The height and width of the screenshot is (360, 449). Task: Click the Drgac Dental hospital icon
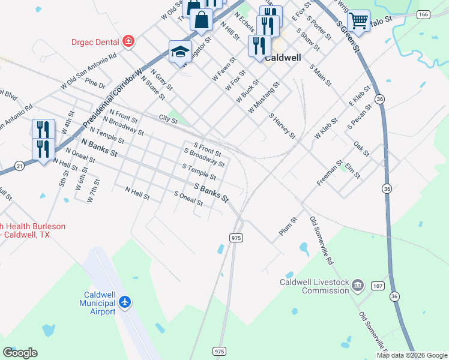127,41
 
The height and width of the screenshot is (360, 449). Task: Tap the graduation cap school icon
180,52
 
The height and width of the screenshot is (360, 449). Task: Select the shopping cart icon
358,20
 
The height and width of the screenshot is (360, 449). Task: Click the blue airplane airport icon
125,301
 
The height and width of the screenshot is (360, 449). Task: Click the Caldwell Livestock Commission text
315,286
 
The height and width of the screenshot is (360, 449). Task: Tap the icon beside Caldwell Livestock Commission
358,284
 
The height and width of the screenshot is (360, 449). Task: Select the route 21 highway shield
20,165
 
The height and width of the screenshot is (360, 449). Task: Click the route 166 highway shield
424,14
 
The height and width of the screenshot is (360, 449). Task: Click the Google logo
20,353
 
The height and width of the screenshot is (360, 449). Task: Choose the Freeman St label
330,172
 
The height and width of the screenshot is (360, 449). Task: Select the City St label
168,120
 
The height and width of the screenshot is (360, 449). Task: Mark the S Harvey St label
282,126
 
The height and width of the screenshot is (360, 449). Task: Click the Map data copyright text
412,355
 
